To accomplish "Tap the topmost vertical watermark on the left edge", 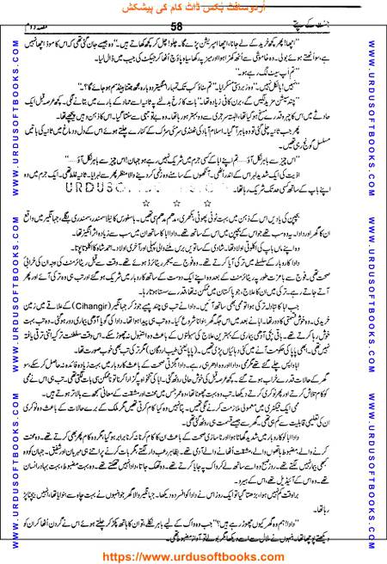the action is [9, 103].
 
